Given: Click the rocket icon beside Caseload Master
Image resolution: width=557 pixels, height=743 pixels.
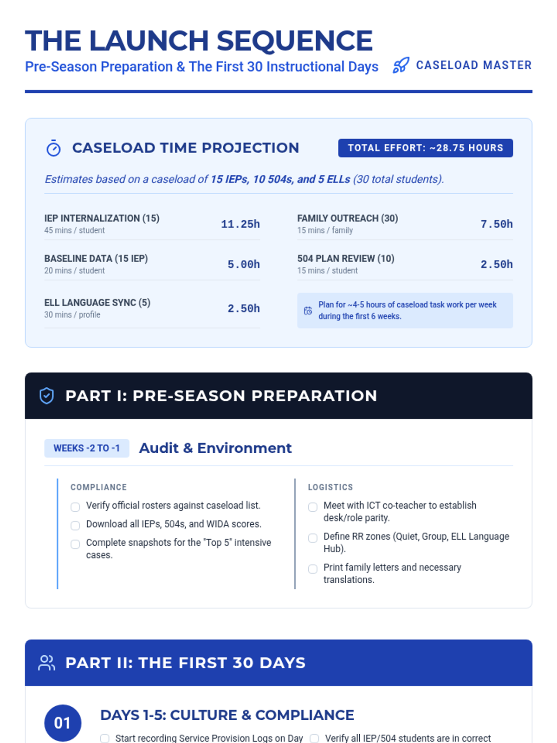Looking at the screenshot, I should pos(401,65).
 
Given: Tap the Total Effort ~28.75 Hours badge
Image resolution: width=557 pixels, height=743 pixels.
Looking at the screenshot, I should pos(425,148).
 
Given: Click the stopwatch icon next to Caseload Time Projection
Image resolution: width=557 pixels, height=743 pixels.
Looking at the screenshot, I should pos(53,148).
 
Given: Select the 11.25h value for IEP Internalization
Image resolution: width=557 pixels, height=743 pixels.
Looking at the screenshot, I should pos(240,224).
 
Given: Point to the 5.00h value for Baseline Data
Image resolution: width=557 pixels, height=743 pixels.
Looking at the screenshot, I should pos(243,265).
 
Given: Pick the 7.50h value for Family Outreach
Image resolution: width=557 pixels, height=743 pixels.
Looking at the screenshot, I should pos(496,224).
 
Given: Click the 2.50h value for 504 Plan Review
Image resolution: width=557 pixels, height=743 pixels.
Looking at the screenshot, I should pos(496,265).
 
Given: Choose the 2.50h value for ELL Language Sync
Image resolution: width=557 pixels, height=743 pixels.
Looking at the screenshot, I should pos(243,309).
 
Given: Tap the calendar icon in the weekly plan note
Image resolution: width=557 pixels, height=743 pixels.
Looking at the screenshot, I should pos(308,311).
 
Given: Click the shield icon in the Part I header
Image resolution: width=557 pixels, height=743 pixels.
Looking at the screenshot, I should pos(46,396).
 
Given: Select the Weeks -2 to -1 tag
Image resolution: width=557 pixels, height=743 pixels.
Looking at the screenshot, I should pos(87,448).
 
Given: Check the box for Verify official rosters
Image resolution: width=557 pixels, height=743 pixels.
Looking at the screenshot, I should pos(75,507).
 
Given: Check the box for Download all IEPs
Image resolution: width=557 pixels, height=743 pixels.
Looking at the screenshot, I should pos(75,525).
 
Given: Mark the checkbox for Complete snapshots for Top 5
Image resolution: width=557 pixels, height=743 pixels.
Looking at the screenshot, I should pos(75,544).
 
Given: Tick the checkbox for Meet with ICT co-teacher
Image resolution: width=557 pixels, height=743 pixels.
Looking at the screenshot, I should pos(313,507).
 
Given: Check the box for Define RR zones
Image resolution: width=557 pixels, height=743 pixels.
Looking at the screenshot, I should pos(313,538).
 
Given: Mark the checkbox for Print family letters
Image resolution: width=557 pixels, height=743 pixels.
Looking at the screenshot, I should pos(313,568).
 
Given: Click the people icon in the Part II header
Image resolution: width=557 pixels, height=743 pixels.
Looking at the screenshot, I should pos(46,663).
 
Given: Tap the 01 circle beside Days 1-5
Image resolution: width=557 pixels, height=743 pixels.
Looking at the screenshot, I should pos(63,723).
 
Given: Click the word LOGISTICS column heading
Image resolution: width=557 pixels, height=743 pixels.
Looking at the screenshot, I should pos(330,487).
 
